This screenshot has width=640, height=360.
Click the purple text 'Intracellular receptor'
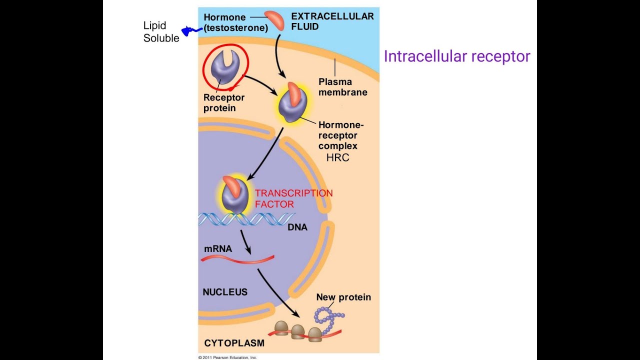(456, 56)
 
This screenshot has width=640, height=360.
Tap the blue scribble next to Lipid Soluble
(190, 31)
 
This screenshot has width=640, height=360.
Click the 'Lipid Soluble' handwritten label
(161, 32)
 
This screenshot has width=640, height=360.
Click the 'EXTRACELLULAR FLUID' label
(332, 21)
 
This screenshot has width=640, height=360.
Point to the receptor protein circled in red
(224, 67)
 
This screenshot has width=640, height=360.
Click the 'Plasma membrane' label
(342, 87)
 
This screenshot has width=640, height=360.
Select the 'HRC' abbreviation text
(337, 158)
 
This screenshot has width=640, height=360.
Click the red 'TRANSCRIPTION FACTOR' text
(293, 198)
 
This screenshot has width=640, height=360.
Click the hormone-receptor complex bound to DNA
(233, 195)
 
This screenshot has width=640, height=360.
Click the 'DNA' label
(297, 227)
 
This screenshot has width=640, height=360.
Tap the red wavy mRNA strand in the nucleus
(237, 259)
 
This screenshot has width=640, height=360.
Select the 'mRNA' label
(218, 248)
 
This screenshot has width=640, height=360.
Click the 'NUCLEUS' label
(225, 292)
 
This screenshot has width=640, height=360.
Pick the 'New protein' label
(343, 297)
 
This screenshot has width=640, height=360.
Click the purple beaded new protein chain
(327, 320)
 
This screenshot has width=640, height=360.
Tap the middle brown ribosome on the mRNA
(298, 330)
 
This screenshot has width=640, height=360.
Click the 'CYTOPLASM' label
(234, 343)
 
